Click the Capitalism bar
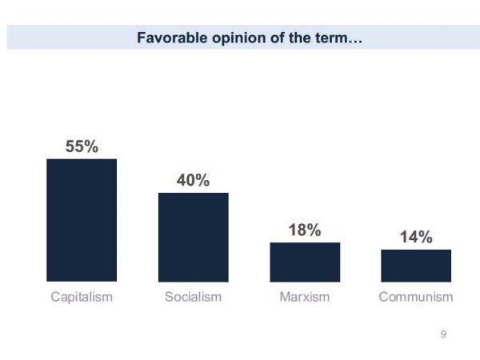82,220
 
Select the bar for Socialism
193,237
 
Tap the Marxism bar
305,262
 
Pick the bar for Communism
416,266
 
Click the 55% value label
82,146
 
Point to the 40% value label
193,181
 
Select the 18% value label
305,230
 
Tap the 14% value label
416,238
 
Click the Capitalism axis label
82,297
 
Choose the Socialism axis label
193,297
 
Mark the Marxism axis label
305,297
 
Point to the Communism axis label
416,297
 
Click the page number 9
443,334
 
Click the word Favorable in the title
166,38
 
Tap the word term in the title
326,38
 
